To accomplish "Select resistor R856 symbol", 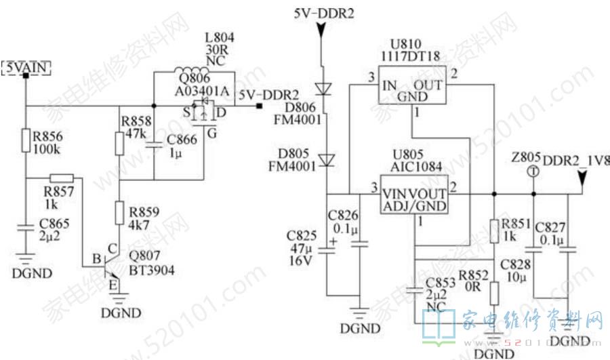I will pyautogui.click(x=25, y=140).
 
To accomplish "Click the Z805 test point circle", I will pyautogui.click(x=533, y=172).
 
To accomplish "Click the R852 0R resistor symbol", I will pyautogui.click(x=494, y=293).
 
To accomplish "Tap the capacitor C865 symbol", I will pyautogui.click(x=25, y=230).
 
